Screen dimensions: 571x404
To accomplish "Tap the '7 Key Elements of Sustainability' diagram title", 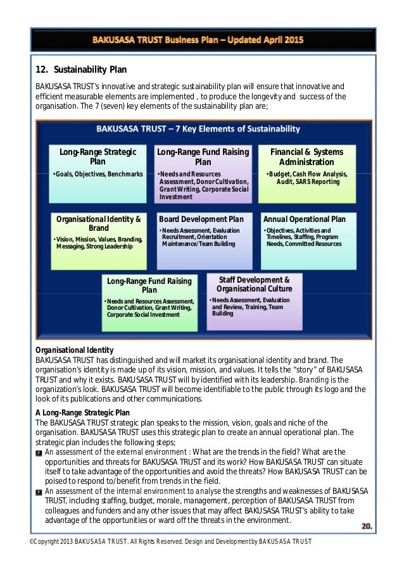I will [198, 129].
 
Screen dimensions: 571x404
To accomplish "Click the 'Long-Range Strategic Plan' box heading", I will [98, 157].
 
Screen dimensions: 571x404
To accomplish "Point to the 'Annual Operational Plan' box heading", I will [304, 219].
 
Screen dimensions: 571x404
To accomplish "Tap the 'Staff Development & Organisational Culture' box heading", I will [254, 284].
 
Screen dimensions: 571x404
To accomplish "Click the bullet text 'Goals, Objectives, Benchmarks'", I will [99, 174].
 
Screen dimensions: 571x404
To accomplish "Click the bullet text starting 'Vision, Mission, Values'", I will [98, 243].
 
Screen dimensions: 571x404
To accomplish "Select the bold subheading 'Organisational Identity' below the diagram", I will [74, 350].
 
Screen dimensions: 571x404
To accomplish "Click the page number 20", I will [367, 525].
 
